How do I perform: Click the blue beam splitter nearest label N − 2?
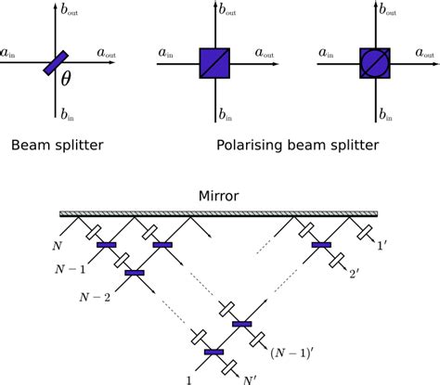pyautogui.click(x=135, y=273)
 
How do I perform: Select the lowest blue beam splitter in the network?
pyautogui.click(x=214, y=352)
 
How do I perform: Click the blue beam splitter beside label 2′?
pyautogui.click(x=322, y=245)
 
